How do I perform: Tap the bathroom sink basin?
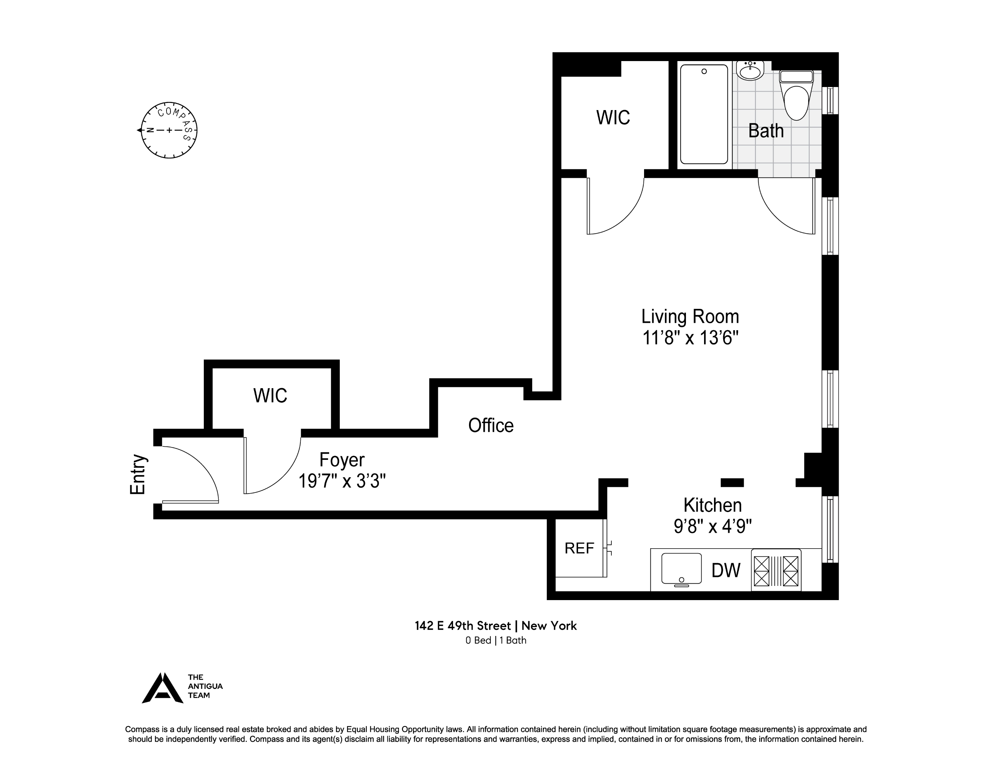(x=750, y=72)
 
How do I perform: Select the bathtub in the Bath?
(x=704, y=114)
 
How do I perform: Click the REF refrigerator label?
(x=579, y=549)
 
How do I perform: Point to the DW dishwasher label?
(x=726, y=570)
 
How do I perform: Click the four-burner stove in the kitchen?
(x=776, y=570)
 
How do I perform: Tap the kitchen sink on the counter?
(x=681, y=569)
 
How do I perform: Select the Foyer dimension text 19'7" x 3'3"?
(x=342, y=481)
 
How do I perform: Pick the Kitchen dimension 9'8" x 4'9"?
(x=712, y=526)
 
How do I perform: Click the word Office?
(x=491, y=426)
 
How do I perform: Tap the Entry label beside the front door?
(x=138, y=474)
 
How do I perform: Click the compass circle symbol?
(x=169, y=130)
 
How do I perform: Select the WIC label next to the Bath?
(x=613, y=118)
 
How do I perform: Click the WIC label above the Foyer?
(x=270, y=395)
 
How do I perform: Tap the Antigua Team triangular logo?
(x=163, y=689)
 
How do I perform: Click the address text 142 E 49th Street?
(x=462, y=626)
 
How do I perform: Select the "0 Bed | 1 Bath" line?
(x=496, y=640)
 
